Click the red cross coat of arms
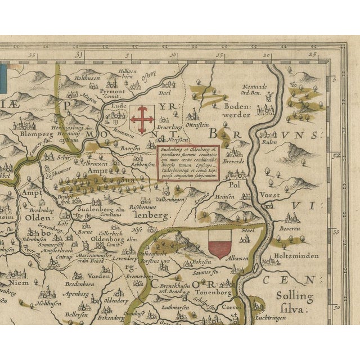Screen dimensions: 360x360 pos(141,116)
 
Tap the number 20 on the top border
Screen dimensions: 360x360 pos(265,56)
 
